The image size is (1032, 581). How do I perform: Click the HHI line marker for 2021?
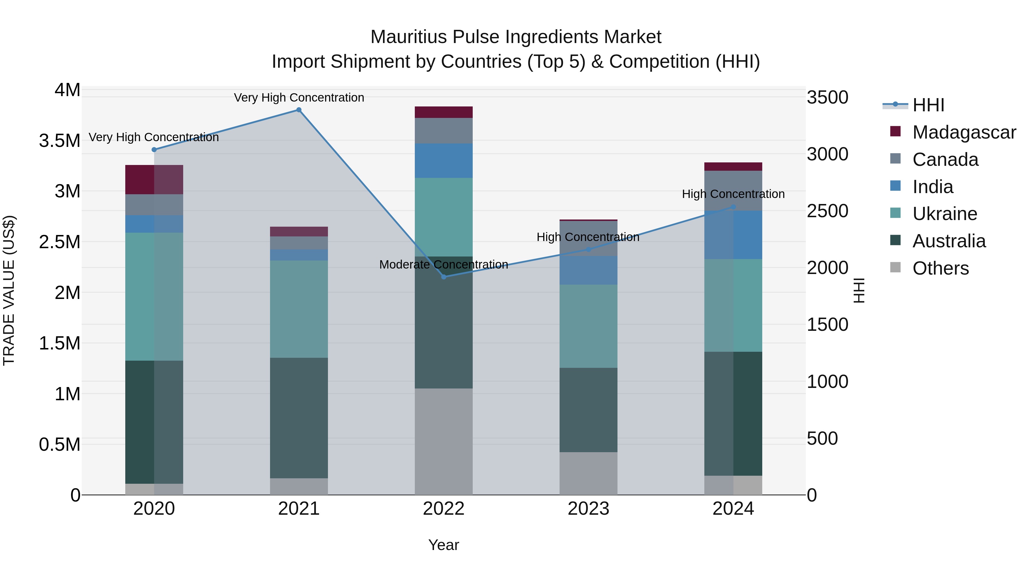pos(299,110)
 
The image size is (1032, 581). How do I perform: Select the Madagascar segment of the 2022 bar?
pos(443,112)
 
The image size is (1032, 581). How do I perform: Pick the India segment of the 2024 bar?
pos(733,235)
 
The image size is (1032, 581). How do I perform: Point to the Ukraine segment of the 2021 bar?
pos(299,309)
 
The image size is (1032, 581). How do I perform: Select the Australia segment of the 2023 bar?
pos(588,410)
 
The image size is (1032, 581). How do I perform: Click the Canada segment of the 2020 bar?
pos(154,205)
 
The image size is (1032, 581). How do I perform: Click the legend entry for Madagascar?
pos(963,132)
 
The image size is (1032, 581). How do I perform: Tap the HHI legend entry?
pos(928,105)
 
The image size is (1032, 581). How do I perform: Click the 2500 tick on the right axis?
pos(827,211)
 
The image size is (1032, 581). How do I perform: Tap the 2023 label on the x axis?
pos(588,509)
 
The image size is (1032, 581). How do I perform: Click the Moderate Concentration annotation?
pos(443,265)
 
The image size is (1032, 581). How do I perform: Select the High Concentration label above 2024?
pos(733,194)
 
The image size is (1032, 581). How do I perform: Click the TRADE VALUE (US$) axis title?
pos(9,290)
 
